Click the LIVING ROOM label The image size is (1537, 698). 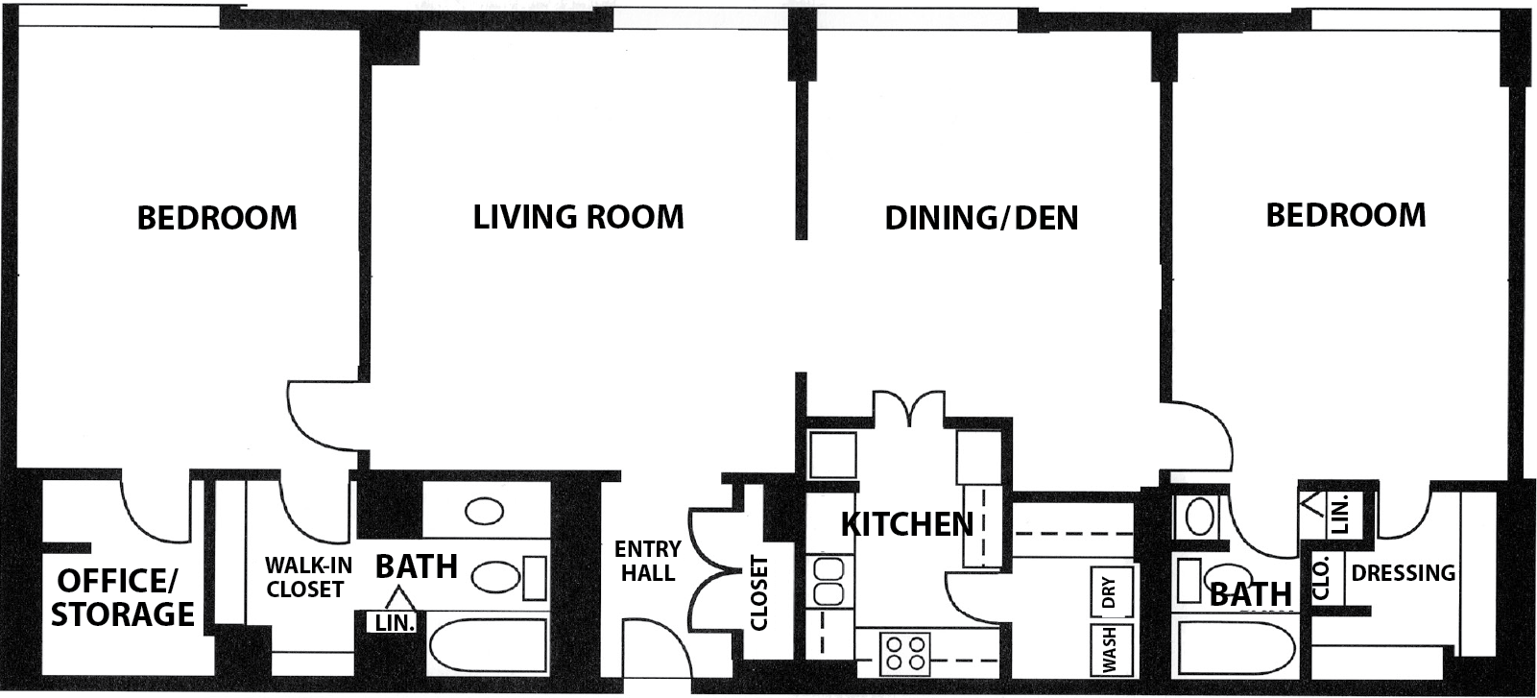tap(579, 217)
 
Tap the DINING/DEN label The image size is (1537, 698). tap(981, 218)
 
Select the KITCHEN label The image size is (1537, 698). tap(907, 524)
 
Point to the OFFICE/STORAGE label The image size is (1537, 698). tap(122, 597)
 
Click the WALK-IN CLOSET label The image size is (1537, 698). tap(308, 577)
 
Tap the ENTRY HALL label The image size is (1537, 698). tap(647, 561)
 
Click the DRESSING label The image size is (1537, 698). tap(1404, 572)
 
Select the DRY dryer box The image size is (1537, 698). tap(1111, 591)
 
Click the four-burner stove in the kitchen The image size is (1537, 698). tap(904, 654)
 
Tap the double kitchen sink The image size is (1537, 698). tap(829, 581)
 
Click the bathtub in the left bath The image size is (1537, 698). tap(488, 646)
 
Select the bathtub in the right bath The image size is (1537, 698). tap(1236, 649)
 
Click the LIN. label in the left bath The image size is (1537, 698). tap(395, 623)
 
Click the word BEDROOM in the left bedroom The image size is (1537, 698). tap(217, 218)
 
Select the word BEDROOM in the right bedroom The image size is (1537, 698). tap(1346, 215)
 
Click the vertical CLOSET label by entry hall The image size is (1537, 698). tap(758, 593)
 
